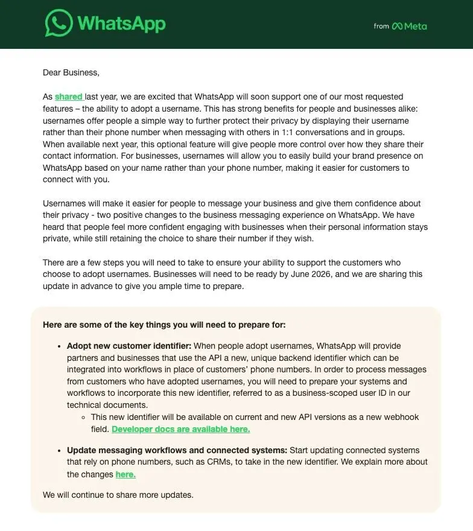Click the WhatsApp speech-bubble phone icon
(59, 24)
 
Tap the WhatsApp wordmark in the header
(121, 24)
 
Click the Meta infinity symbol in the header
(397, 26)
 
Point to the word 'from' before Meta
(381, 26)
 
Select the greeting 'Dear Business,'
(71, 72)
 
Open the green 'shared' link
(68, 97)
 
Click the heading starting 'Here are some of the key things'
(164, 325)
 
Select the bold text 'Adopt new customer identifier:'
(129, 346)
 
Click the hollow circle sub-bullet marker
(84, 417)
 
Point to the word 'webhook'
(402, 417)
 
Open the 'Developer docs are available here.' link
(180, 429)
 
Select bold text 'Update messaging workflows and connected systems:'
(177, 450)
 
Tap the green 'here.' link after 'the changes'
(125, 474)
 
